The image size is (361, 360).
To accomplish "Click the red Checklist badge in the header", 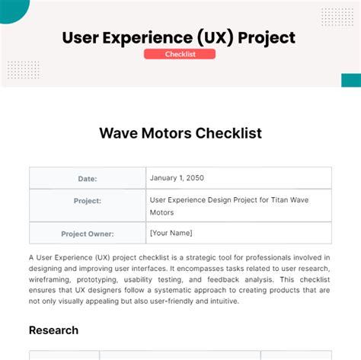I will pyautogui.click(x=180, y=54).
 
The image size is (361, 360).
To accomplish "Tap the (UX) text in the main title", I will pyautogui.click(x=215, y=37).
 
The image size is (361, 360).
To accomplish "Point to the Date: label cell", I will pyautogui.click(x=88, y=178).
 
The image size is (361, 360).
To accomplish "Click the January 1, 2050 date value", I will pyautogui.click(x=177, y=178).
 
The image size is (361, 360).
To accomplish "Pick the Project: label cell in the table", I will pyautogui.click(x=88, y=201).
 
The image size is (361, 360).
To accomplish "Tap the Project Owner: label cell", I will pyautogui.click(x=88, y=234).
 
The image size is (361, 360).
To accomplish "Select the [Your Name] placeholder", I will pyautogui.click(x=171, y=233).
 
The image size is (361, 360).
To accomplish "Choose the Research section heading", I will pyautogui.click(x=53, y=330).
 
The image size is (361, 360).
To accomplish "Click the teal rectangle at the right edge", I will pyautogui.click(x=350, y=80).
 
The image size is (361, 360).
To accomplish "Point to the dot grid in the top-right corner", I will pyautogui.click(x=336, y=17).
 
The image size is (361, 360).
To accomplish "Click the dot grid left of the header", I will pyautogui.click(x=23, y=71).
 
